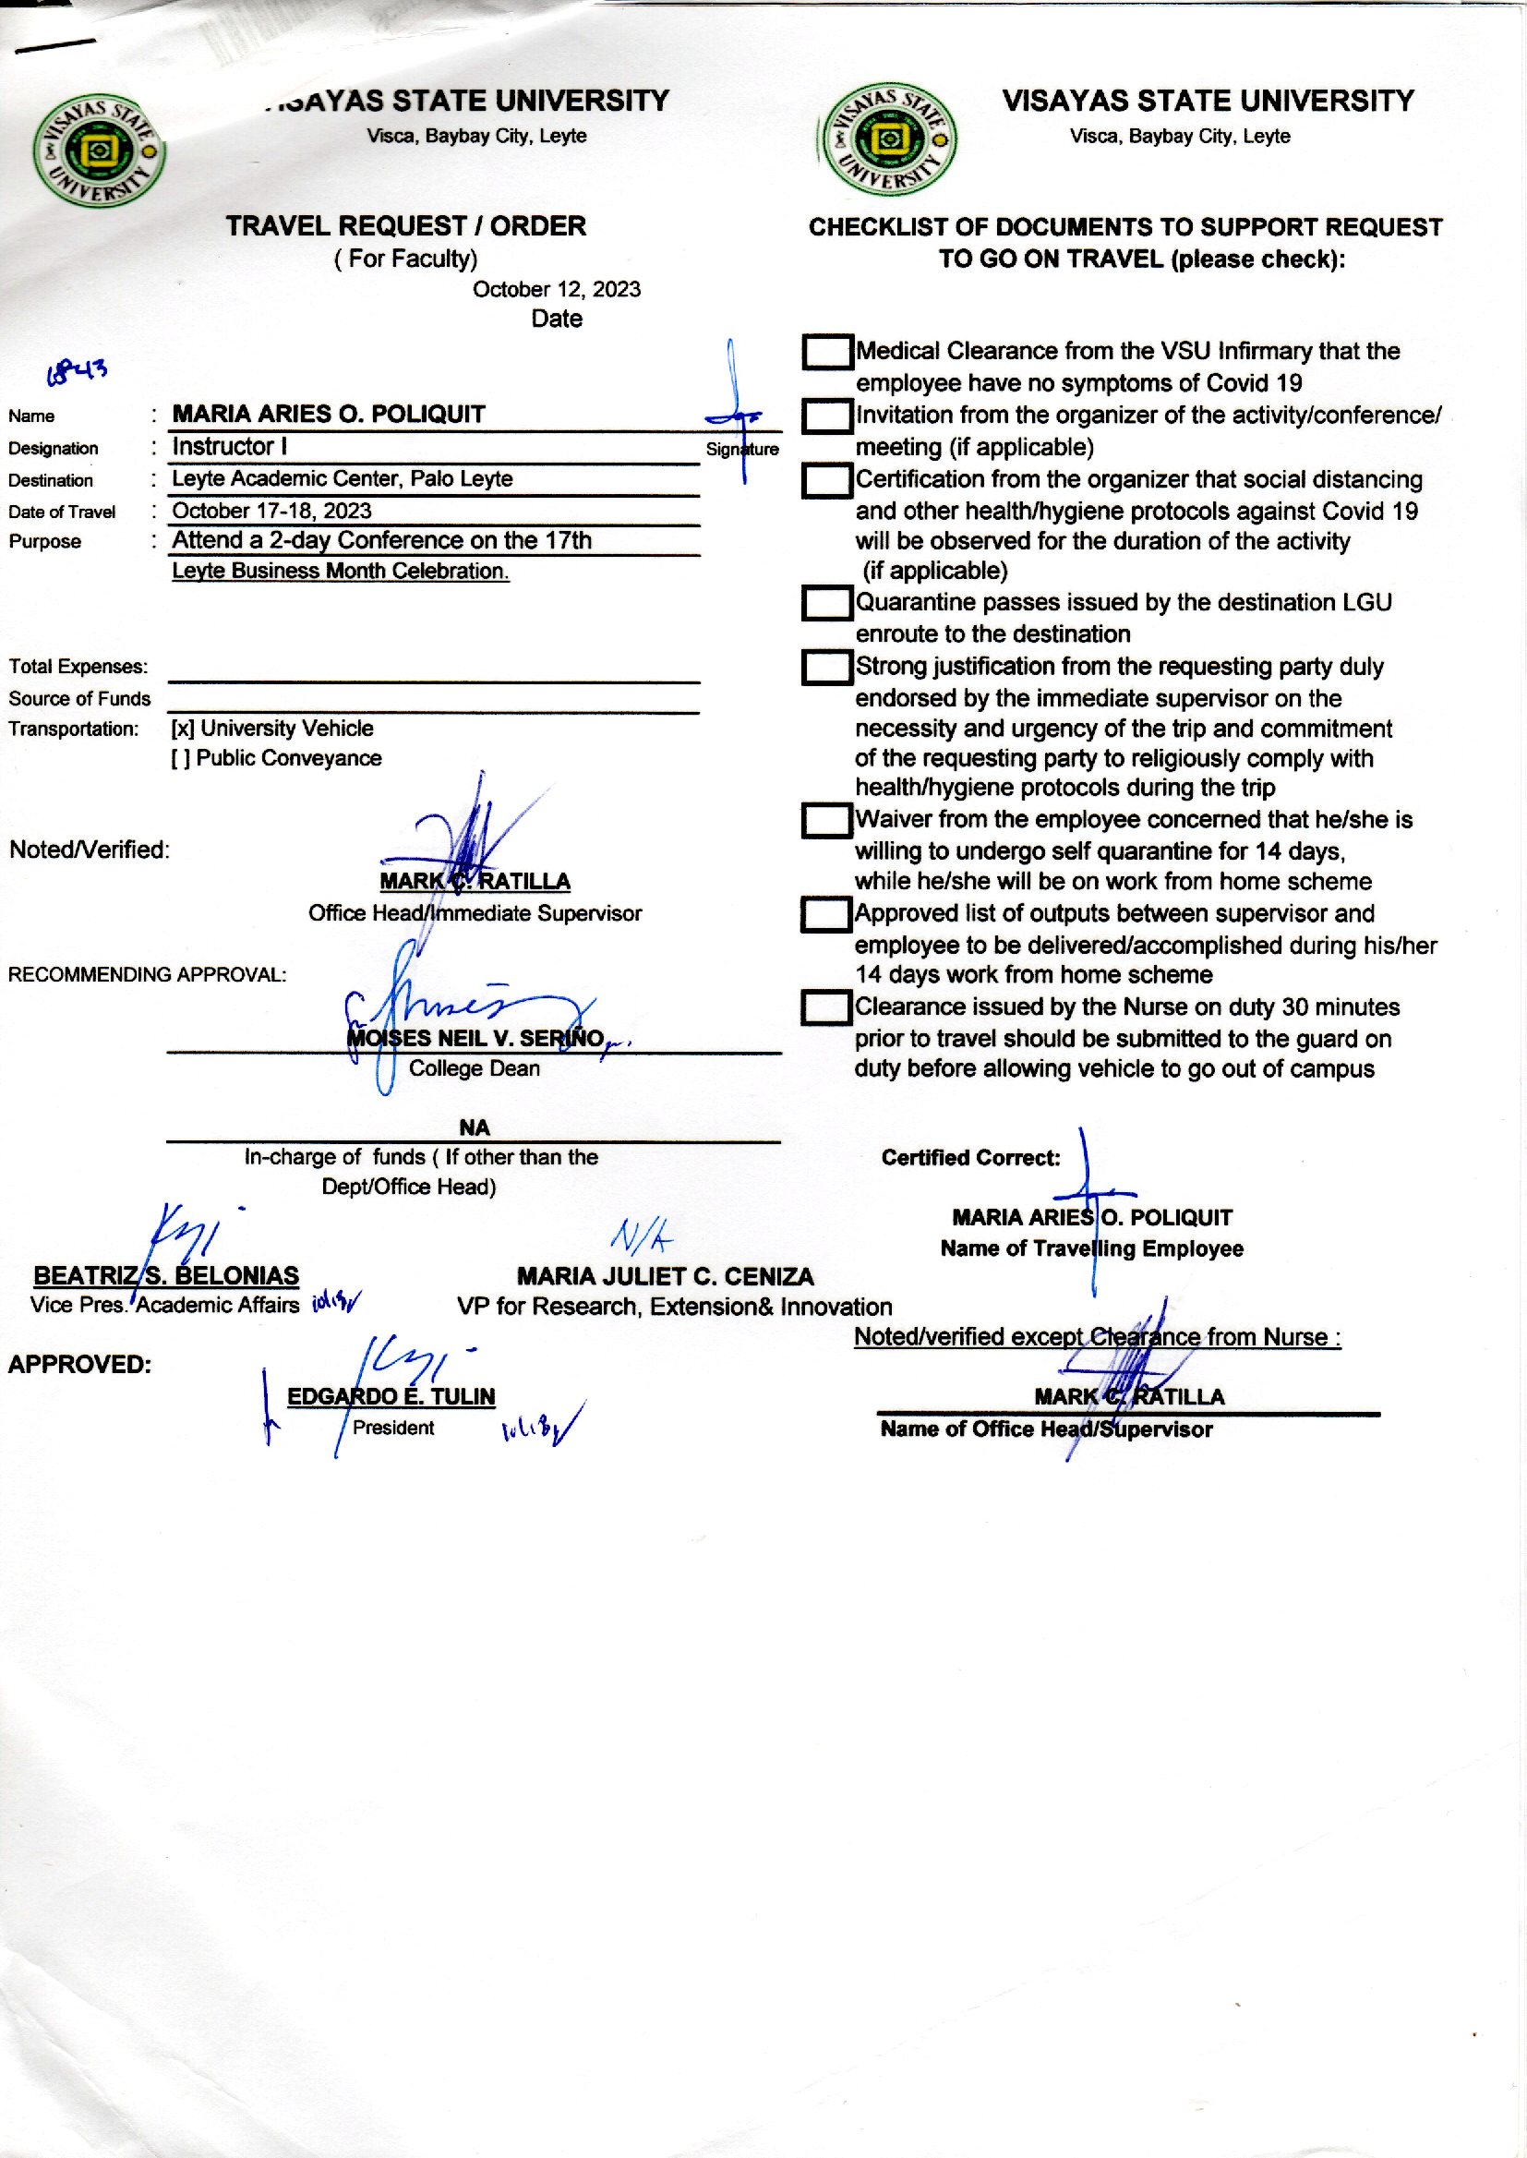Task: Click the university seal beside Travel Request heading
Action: tap(99, 151)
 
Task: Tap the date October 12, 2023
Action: tap(557, 290)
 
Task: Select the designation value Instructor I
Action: tap(230, 447)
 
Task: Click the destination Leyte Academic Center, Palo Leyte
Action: tap(343, 478)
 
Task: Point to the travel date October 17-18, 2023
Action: tap(271, 511)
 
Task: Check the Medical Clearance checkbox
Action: tap(826, 353)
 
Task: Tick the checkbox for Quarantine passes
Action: tap(826, 603)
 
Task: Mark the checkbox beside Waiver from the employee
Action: tap(826, 821)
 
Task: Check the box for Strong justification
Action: tap(826, 668)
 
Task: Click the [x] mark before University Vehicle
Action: tap(183, 729)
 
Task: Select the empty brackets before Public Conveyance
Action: tap(181, 759)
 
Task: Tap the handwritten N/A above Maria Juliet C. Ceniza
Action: tap(643, 1236)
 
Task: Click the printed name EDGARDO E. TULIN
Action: tap(391, 1396)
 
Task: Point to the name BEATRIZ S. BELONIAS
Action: tap(166, 1275)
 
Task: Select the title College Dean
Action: tap(474, 1068)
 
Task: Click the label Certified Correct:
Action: tap(970, 1158)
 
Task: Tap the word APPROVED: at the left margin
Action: tap(80, 1365)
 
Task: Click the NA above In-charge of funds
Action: tap(474, 1127)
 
